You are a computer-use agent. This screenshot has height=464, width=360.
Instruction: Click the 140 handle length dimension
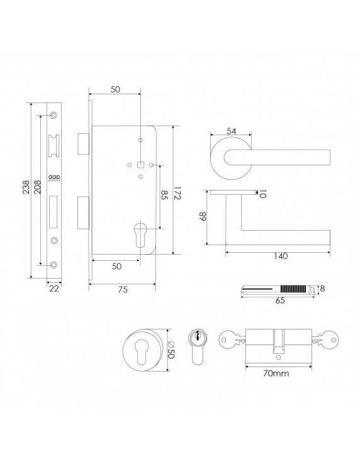(281, 256)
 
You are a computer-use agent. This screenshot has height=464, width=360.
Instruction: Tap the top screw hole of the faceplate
(53, 115)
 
